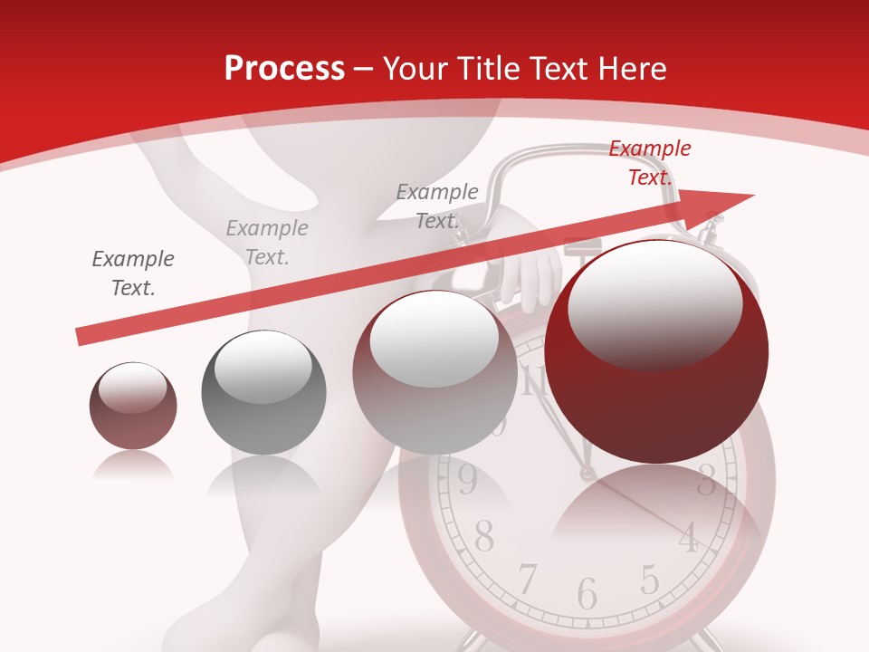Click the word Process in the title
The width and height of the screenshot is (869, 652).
(284, 69)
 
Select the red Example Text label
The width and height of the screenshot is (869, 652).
(649, 163)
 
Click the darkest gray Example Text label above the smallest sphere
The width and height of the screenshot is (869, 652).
(133, 273)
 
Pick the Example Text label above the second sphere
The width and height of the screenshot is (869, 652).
(267, 242)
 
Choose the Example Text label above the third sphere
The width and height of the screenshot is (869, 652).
(437, 206)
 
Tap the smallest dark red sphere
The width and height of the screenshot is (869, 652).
(133, 406)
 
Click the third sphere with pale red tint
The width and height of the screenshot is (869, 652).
(434, 373)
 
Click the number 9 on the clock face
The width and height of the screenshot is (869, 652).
(467, 481)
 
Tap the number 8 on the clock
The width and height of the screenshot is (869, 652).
(484, 537)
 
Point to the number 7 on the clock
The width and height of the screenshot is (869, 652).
(528, 578)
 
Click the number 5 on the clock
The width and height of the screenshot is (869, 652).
(649, 578)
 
